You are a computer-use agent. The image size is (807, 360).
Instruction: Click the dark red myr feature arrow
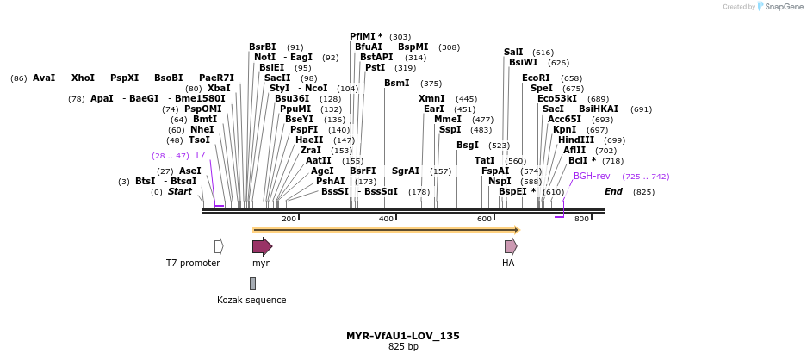click(x=262, y=246)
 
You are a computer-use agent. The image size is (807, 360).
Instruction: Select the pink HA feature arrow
click(x=511, y=246)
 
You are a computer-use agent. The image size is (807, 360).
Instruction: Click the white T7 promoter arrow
click(x=219, y=246)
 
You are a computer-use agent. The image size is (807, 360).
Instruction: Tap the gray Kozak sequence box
click(x=252, y=283)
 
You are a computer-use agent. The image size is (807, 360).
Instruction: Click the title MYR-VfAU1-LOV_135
click(x=402, y=336)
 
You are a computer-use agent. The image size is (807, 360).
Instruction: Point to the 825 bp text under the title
click(x=402, y=347)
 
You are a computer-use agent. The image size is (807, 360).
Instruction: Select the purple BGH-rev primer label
click(x=592, y=176)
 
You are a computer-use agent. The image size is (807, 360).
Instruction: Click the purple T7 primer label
click(x=200, y=155)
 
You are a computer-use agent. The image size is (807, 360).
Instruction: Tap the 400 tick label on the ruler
click(x=386, y=219)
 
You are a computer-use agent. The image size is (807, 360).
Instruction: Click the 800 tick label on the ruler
click(x=581, y=219)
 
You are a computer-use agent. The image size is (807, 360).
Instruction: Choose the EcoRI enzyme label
click(x=535, y=78)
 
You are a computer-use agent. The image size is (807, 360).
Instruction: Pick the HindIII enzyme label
click(x=576, y=140)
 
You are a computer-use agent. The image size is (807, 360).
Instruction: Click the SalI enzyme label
click(x=513, y=52)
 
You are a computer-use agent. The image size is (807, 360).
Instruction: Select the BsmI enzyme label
click(x=397, y=83)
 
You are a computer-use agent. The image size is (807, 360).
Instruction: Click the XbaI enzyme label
click(x=219, y=88)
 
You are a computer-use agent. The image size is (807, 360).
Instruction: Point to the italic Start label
click(x=180, y=191)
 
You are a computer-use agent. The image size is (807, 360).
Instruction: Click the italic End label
click(x=613, y=191)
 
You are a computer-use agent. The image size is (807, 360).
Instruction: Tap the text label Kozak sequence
click(x=251, y=300)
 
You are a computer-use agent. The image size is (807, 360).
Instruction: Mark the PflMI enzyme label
click(x=366, y=36)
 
